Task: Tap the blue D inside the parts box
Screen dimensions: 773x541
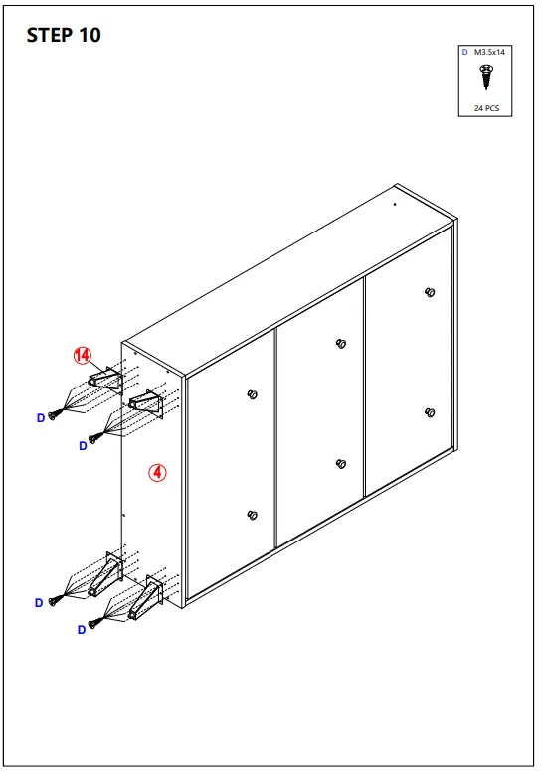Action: pyautogui.click(x=464, y=51)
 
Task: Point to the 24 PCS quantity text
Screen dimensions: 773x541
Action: pyautogui.click(x=486, y=107)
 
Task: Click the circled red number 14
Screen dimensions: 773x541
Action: pyautogui.click(x=82, y=355)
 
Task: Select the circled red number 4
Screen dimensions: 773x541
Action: pyautogui.click(x=156, y=473)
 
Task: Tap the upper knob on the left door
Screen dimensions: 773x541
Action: pyautogui.click(x=251, y=394)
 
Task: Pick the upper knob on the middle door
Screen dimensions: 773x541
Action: pyautogui.click(x=341, y=344)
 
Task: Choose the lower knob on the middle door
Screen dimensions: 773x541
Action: pyautogui.click(x=341, y=464)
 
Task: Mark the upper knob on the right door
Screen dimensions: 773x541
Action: pyautogui.click(x=430, y=292)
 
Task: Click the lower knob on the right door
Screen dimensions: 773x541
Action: pyautogui.click(x=430, y=412)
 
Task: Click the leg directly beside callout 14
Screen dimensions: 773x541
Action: pyautogui.click(x=103, y=378)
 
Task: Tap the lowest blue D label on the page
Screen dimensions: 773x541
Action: pyautogui.click(x=82, y=629)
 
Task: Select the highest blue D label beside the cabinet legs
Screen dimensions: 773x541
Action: pyautogui.click(x=41, y=418)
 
